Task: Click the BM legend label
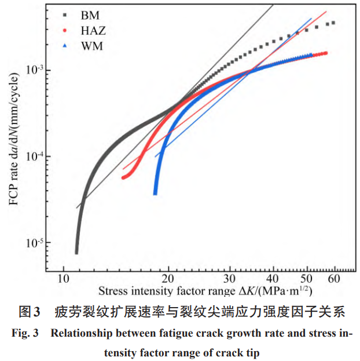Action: point(91,15)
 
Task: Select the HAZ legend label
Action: point(94,30)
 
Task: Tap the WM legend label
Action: point(92,45)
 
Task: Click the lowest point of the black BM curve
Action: point(76,252)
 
